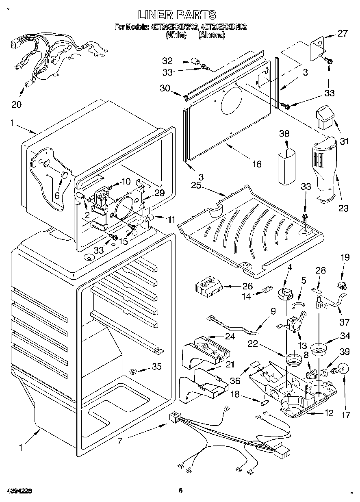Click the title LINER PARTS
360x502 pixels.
click(177, 15)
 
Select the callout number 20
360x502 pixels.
click(16, 104)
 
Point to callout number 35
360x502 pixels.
click(156, 367)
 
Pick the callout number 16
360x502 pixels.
click(257, 164)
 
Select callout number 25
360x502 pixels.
click(196, 185)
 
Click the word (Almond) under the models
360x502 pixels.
click(212, 35)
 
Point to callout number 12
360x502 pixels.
click(329, 413)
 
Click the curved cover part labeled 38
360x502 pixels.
click(286, 167)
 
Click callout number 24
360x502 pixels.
click(230, 336)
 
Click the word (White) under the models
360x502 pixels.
click(176, 35)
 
